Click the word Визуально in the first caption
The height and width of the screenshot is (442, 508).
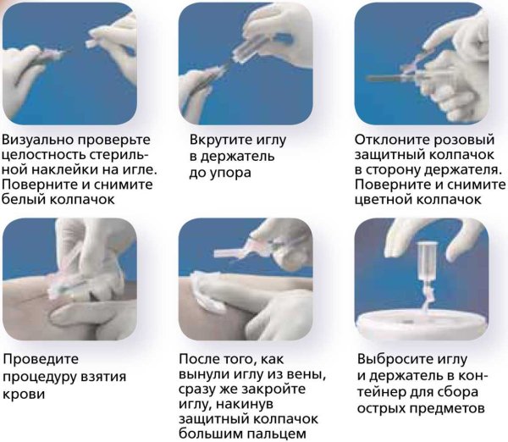click(36, 140)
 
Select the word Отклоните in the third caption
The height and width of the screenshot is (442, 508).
click(391, 140)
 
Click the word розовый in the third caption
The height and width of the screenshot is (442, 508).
click(463, 141)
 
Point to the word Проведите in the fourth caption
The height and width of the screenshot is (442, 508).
click(41, 360)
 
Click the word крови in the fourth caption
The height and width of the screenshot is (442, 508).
click(24, 395)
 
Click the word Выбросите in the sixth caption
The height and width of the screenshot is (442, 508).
click(395, 360)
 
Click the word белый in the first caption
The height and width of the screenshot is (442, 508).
click(24, 200)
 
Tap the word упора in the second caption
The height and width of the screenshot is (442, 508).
click(230, 174)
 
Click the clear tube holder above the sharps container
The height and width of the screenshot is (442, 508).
click(428, 262)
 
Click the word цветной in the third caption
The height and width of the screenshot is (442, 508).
click(384, 200)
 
